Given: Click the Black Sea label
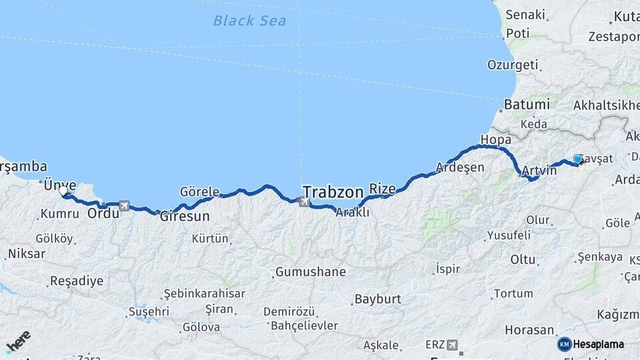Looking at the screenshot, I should pos(250,21).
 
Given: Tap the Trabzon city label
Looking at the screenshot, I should pos(333,189).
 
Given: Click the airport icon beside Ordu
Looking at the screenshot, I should pos(124,206).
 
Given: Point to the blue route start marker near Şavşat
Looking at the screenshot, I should pos(577,159).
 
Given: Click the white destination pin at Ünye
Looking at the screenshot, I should pos(63,191).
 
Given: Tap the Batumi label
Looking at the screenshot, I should pos(527,105).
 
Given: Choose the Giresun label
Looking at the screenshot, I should pos(185,217).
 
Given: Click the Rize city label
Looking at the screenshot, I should pos(382,188).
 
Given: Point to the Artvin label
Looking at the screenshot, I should pos(539,171).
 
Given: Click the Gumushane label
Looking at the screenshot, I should pos(310,272).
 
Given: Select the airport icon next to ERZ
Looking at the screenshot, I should pos(452,345).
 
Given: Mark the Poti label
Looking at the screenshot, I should pos(517,33).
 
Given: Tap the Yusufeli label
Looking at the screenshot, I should pos(510,235).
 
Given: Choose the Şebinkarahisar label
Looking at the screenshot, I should pos(205,293).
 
